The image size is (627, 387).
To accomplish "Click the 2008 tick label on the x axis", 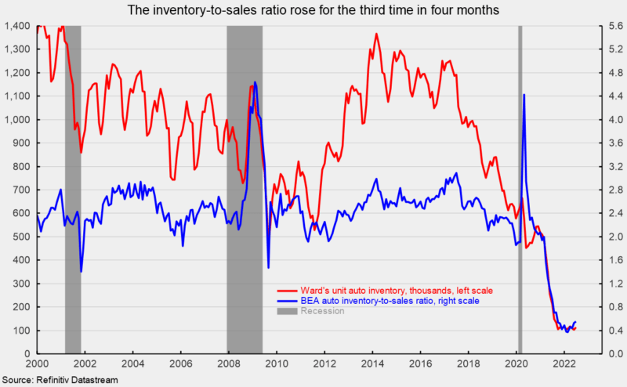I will (230, 364).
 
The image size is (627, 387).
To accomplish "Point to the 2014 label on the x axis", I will (373, 364).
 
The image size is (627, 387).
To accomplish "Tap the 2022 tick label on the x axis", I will (565, 364).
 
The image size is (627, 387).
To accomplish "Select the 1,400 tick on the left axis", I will (17, 26).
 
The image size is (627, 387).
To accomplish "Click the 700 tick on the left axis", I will (22, 190).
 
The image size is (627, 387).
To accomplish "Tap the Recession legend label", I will (323, 311).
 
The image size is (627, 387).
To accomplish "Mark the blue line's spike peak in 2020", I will (524, 95).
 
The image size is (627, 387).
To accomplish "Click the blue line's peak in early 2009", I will (255, 81).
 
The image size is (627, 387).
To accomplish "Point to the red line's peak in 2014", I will (376, 34).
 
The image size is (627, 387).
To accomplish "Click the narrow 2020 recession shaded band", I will (520, 188).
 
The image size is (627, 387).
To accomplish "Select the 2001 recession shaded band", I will (72, 188).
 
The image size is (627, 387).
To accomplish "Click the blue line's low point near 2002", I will (82, 271).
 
